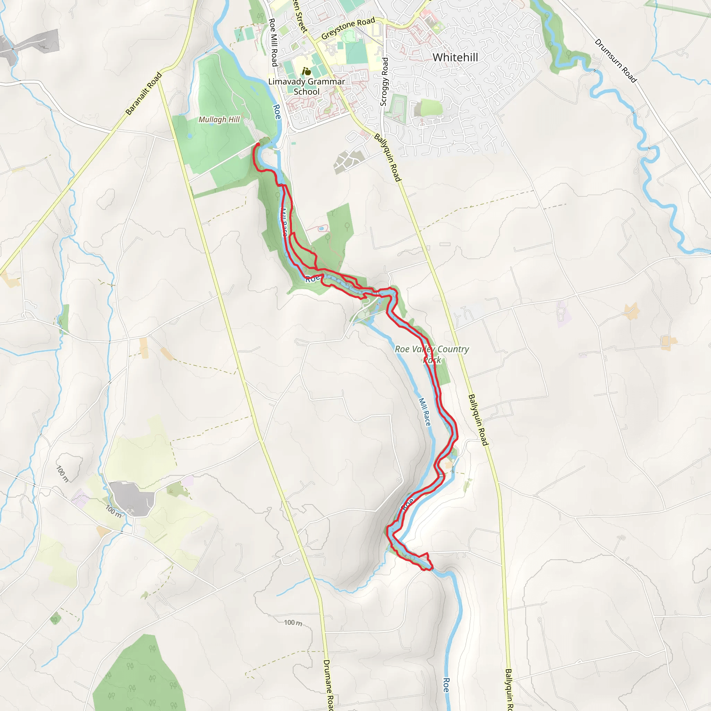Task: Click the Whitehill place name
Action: tap(455, 57)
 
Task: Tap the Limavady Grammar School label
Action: tap(307, 86)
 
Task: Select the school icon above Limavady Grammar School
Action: tap(306, 71)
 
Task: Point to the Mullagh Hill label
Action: tap(219, 120)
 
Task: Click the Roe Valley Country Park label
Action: tap(432, 354)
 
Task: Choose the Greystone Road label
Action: tap(348, 28)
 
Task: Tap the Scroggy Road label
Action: tap(384, 82)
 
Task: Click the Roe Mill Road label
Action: tap(273, 42)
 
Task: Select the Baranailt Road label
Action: tap(143, 94)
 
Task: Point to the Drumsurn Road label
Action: tap(615, 61)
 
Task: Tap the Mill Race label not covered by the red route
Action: tap(425, 412)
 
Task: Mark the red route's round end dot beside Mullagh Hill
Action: tap(258, 144)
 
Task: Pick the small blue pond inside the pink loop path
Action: tap(321, 228)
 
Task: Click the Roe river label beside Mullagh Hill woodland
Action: tap(277, 112)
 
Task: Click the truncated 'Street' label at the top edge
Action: tap(300, 17)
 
